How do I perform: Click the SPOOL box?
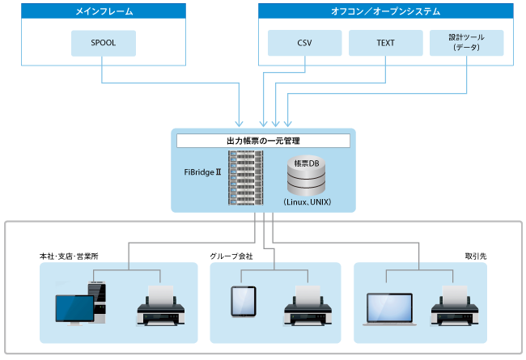[x=103, y=44]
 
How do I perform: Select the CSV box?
[x=304, y=44]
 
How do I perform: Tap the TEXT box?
[x=385, y=44]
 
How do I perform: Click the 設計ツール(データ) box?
[x=468, y=44]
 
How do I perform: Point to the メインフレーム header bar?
[x=103, y=11]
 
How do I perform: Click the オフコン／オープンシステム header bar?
[x=385, y=11]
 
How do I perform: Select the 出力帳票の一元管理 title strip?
[x=263, y=141]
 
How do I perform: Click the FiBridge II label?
[x=202, y=172]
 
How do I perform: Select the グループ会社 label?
[x=231, y=256]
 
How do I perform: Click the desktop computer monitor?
[x=74, y=311]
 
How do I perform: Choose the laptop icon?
[x=389, y=307]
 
